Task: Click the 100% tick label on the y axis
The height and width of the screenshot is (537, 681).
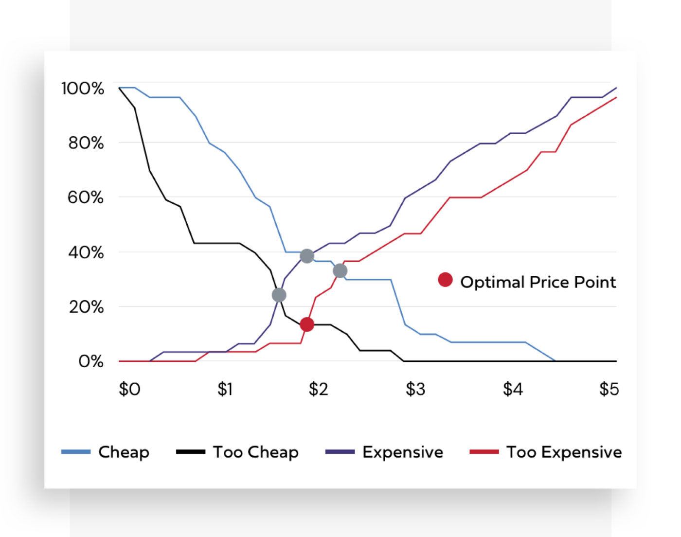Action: click(x=83, y=89)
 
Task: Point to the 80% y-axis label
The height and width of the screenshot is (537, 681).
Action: click(x=86, y=143)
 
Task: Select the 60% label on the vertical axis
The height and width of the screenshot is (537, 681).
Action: click(x=85, y=197)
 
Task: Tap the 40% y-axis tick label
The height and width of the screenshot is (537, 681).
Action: click(x=86, y=252)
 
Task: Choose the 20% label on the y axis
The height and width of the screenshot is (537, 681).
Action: click(x=86, y=307)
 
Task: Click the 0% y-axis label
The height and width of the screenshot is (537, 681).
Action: click(x=90, y=361)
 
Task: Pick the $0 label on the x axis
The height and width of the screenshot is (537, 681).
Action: click(x=129, y=389)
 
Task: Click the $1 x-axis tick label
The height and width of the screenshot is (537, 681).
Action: click(x=225, y=389)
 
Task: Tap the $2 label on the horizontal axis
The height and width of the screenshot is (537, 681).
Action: click(x=319, y=389)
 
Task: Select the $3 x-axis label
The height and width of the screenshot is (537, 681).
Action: click(x=415, y=389)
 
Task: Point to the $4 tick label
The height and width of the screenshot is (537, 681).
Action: click(x=513, y=389)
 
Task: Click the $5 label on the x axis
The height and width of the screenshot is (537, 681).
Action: click(x=609, y=389)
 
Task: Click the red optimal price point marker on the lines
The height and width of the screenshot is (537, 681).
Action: click(x=307, y=324)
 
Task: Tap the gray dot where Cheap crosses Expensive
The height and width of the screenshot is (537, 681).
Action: click(x=307, y=256)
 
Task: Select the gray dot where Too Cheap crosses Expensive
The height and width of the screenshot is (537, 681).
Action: click(x=279, y=295)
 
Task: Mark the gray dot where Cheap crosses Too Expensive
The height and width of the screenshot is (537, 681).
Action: click(x=340, y=271)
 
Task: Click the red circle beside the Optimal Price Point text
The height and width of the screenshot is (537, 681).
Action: click(x=445, y=280)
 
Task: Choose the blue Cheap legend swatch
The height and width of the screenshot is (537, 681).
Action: click(x=76, y=452)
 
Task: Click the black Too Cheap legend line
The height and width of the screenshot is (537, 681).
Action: click(x=190, y=452)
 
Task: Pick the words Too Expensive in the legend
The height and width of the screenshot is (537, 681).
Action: click(x=564, y=452)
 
